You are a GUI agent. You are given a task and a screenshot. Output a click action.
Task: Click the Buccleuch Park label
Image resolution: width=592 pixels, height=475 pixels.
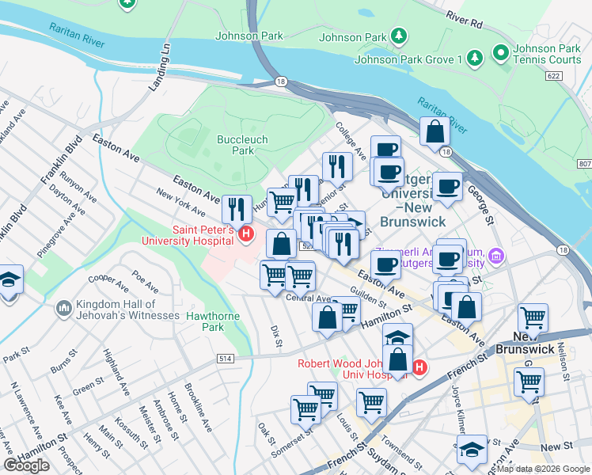pos(235,144)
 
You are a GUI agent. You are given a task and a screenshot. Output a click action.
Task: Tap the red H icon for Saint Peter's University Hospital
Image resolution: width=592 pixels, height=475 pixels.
pos(245,234)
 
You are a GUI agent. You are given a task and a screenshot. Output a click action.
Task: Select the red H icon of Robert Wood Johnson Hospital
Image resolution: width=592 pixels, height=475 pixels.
pos(419,368)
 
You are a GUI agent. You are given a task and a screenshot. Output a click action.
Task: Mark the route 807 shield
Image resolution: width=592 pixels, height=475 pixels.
pos(584,163)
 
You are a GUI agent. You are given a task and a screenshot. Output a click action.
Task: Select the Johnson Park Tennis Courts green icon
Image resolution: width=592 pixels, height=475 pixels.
pos(500,53)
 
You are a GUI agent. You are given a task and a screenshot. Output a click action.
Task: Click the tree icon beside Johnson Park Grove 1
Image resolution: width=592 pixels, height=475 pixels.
pos(474,59)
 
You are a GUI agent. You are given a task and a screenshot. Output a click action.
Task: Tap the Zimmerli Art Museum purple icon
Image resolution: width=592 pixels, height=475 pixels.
pos(496,256)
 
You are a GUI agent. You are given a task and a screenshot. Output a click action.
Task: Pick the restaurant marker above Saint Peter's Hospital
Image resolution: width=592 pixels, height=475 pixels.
pos(237,209)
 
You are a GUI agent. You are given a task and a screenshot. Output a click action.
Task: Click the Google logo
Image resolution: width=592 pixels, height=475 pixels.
pos(26,465)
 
